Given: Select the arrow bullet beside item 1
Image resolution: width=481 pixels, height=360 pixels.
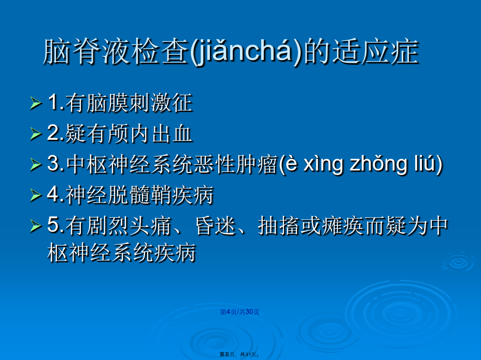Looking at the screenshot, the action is click(36, 104).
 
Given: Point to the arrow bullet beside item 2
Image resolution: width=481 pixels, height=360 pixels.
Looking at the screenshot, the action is click(36, 134).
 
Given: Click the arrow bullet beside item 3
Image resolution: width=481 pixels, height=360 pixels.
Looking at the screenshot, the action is click(36, 164).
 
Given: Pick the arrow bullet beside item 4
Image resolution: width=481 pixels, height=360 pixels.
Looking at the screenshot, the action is click(36, 195).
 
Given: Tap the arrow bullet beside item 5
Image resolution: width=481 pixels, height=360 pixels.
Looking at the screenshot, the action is click(36, 226).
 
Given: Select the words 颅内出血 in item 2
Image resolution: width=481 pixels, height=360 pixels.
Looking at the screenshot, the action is click(150, 134).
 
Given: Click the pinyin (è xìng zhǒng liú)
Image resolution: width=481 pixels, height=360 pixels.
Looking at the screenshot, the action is click(360, 164).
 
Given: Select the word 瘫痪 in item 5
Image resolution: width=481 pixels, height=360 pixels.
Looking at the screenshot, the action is click(342, 226).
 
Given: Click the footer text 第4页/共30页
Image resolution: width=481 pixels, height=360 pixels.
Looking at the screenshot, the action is click(239, 312).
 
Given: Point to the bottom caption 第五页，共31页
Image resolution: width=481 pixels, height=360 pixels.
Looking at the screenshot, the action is click(239, 354).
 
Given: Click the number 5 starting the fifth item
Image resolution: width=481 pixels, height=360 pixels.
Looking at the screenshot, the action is click(53, 225).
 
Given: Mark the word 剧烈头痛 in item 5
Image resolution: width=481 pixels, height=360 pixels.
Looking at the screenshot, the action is click(129, 226).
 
